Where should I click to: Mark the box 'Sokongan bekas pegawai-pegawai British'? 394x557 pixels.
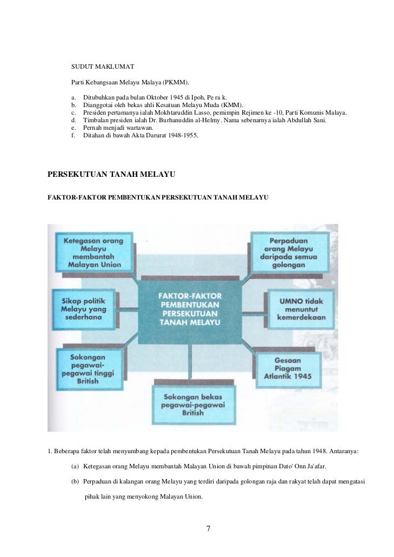tap(189, 404)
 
